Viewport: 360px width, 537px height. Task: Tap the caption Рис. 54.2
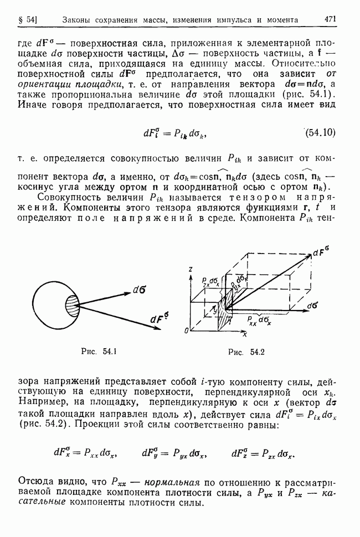click(x=245, y=351)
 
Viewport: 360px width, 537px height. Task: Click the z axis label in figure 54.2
click(x=190, y=269)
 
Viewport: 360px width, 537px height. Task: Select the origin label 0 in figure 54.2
click(x=187, y=331)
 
